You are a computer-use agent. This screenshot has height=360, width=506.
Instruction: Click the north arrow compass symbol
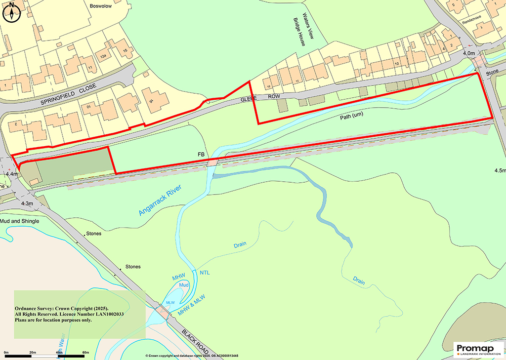pyautogui.click(x=11, y=12)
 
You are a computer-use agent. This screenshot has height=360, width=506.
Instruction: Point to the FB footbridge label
pyautogui.click(x=201, y=155)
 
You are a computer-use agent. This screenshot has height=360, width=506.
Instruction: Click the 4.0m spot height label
pyautogui.click(x=468, y=53)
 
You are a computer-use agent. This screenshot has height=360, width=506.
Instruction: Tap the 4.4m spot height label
pyautogui.click(x=12, y=174)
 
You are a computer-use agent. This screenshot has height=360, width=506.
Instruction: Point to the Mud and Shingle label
pyautogui.click(x=20, y=221)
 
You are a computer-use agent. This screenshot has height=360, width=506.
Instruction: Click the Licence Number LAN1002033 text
pyautogui.click(x=87, y=314)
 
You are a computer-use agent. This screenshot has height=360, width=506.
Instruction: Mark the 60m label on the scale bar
pyautogui.click(x=85, y=352)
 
